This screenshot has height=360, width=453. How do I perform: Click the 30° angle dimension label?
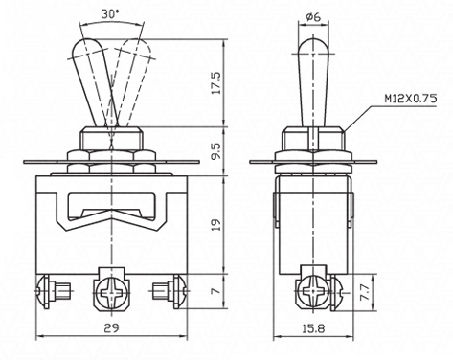pos(110,14)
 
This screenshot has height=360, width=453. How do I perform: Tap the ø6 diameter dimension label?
pos(313,16)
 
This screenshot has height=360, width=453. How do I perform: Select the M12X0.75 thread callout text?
pos(410,99)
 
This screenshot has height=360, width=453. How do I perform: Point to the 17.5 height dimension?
pos(216,83)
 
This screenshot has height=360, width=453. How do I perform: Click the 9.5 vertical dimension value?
pos(216,151)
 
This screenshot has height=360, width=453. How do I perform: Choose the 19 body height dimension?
pos(216,225)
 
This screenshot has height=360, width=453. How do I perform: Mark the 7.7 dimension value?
pos(365,291)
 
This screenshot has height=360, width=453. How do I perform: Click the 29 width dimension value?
pos(111,327)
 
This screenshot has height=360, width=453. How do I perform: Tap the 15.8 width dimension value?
pos(313,328)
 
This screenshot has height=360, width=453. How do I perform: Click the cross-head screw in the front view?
pos(111,292)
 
